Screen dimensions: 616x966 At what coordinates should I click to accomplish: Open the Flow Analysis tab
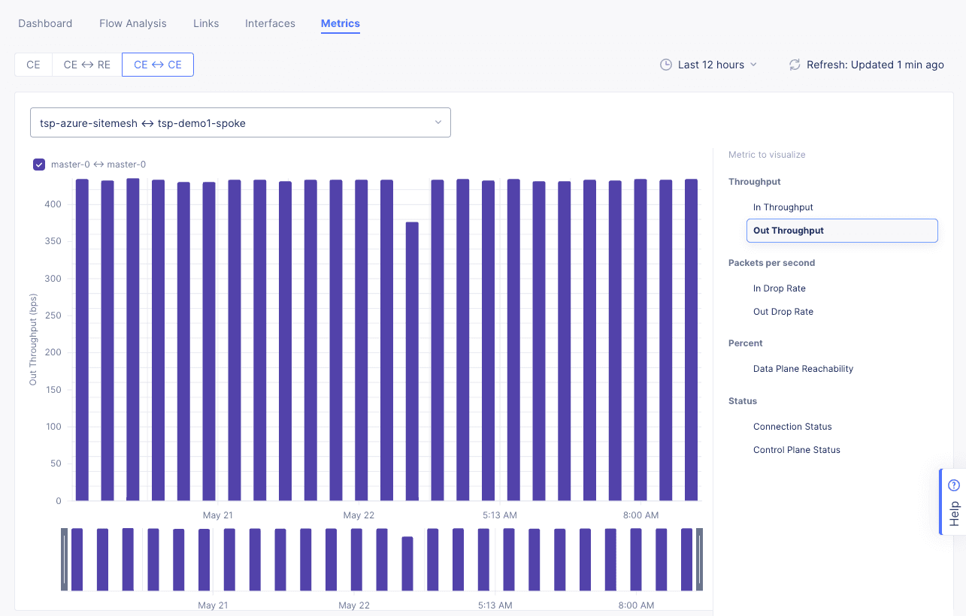point(133,23)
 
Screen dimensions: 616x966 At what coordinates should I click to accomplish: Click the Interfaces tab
point(270,23)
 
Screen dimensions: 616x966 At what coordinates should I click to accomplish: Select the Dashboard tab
point(45,23)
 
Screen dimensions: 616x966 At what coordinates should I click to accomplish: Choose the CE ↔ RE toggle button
point(86,65)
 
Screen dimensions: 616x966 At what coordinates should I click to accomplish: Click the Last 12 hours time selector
point(709,65)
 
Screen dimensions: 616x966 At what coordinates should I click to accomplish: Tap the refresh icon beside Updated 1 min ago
point(794,65)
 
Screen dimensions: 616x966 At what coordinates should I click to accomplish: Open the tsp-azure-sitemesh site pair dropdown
point(241,122)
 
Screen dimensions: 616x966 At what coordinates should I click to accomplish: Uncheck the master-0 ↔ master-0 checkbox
point(39,165)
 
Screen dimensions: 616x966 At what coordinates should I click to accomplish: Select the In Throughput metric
point(783,207)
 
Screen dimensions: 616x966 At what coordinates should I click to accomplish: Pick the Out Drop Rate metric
point(783,312)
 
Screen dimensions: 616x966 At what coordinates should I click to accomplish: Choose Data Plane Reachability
point(803,369)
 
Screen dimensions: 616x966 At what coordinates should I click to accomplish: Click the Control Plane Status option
point(796,450)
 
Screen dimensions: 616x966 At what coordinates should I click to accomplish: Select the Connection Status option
point(792,427)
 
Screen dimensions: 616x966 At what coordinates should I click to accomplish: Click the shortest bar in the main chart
point(412,361)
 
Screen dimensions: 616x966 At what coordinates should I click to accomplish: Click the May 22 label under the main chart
point(359,515)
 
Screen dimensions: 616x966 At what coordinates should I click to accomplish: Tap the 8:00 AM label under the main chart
point(641,515)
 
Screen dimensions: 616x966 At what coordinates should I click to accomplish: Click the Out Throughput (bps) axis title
point(33,340)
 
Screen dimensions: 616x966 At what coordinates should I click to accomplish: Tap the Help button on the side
point(954,502)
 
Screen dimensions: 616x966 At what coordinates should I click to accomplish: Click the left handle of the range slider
point(64,560)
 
